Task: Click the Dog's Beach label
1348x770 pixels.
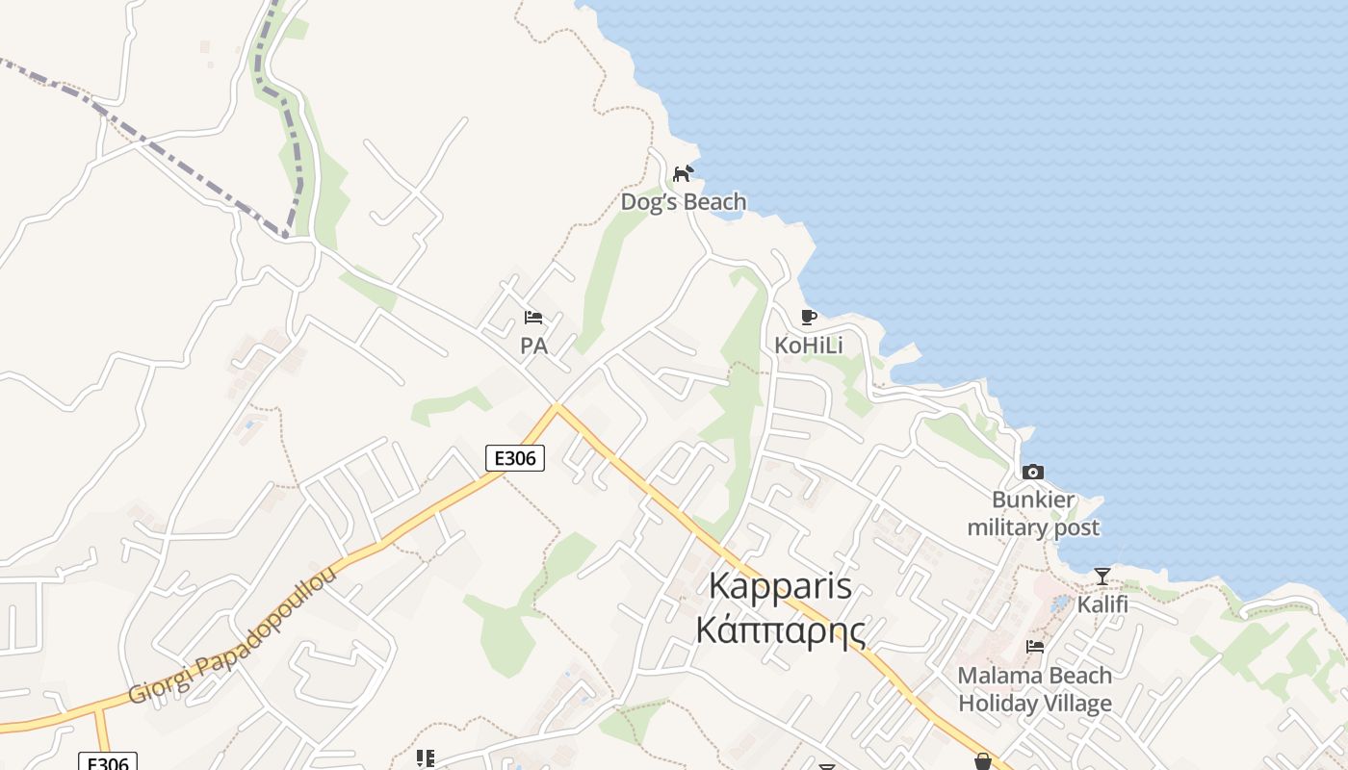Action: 683,202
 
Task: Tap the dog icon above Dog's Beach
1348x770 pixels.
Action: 683,173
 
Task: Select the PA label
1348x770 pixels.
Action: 533,346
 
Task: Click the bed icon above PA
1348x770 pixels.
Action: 533,317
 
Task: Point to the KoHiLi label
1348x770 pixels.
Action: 808,346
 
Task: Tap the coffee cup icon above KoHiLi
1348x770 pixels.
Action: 808,317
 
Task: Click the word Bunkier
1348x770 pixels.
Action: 1033,500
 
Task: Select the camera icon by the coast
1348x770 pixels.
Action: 1032,472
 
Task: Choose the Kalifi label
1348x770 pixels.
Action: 1102,605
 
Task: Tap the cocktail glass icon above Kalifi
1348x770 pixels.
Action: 1102,577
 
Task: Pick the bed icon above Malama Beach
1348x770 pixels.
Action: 1035,647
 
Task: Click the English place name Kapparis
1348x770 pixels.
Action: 780,585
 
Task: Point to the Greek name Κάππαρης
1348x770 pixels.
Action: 780,631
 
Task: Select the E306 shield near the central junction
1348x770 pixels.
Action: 514,458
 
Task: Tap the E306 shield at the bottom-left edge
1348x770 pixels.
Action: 107,762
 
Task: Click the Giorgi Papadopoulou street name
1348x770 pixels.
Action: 233,635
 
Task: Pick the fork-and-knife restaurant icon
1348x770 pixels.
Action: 425,758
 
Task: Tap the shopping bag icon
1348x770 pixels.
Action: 982,761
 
